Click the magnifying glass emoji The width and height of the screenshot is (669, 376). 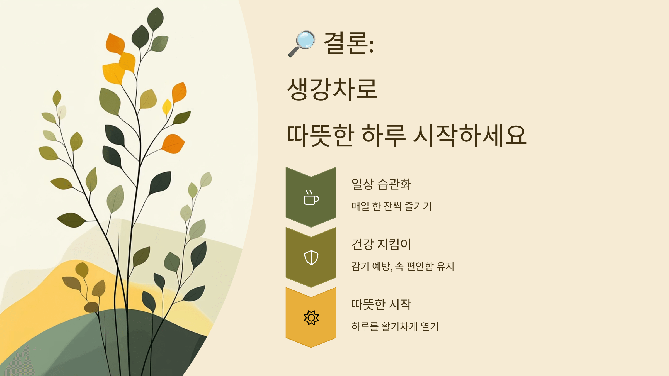[x=302, y=43]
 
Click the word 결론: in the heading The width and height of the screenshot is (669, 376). [x=348, y=43]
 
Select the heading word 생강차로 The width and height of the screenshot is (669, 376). [x=332, y=89]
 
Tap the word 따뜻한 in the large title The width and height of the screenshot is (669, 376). [x=321, y=136]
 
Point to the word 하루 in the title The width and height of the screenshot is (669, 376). [x=384, y=136]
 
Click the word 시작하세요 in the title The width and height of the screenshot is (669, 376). [x=470, y=136]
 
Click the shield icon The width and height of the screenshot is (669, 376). [x=311, y=257]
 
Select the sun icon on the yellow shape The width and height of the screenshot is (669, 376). [x=311, y=318]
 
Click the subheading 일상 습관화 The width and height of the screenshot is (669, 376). [x=381, y=184]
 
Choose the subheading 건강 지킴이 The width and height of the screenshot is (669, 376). [x=381, y=244]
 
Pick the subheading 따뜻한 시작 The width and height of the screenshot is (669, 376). [x=381, y=304]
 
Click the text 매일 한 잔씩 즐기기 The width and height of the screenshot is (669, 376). [x=391, y=206]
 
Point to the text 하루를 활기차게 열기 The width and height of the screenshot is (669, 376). [x=395, y=326]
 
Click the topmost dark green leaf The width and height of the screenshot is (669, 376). [x=155, y=18]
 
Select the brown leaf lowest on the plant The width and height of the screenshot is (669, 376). [x=91, y=307]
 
